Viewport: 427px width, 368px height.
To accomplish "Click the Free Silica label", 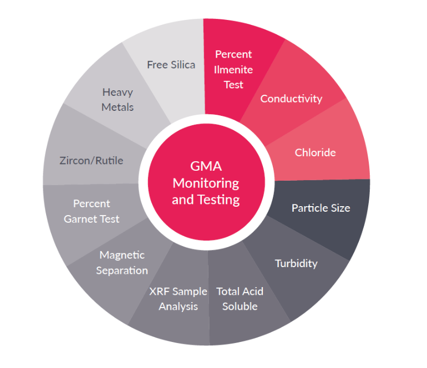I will [x=171, y=65].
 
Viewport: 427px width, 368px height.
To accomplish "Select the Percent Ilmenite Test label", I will [x=233, y=69].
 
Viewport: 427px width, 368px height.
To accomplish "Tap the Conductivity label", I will [x=291, y=99].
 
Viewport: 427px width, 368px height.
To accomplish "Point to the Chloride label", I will [x=315, y=152].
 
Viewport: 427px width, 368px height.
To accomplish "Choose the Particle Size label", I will [x=321, y=208].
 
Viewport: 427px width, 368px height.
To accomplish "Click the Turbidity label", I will [x=296, y=263].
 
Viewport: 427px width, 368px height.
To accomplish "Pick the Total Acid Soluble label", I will [x=240, y=299].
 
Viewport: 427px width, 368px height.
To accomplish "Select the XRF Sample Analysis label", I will [x=178, y=299].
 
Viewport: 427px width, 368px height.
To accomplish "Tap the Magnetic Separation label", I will [x=122, y=263].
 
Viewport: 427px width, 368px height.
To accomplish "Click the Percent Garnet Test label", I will [x=91, y=211].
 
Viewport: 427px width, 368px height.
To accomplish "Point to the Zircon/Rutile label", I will [x=91, y=161].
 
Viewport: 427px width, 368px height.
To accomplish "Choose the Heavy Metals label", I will [x=118, y=99].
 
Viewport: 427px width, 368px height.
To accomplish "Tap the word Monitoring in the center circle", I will [x=206, y=183].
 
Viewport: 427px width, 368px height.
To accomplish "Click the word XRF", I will [x=160, y=292].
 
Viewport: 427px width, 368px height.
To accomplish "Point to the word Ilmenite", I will [x=233, y=69].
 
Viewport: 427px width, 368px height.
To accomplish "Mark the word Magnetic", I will [x=122, y=255].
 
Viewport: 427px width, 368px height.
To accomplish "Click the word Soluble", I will [x=240, y=306].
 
